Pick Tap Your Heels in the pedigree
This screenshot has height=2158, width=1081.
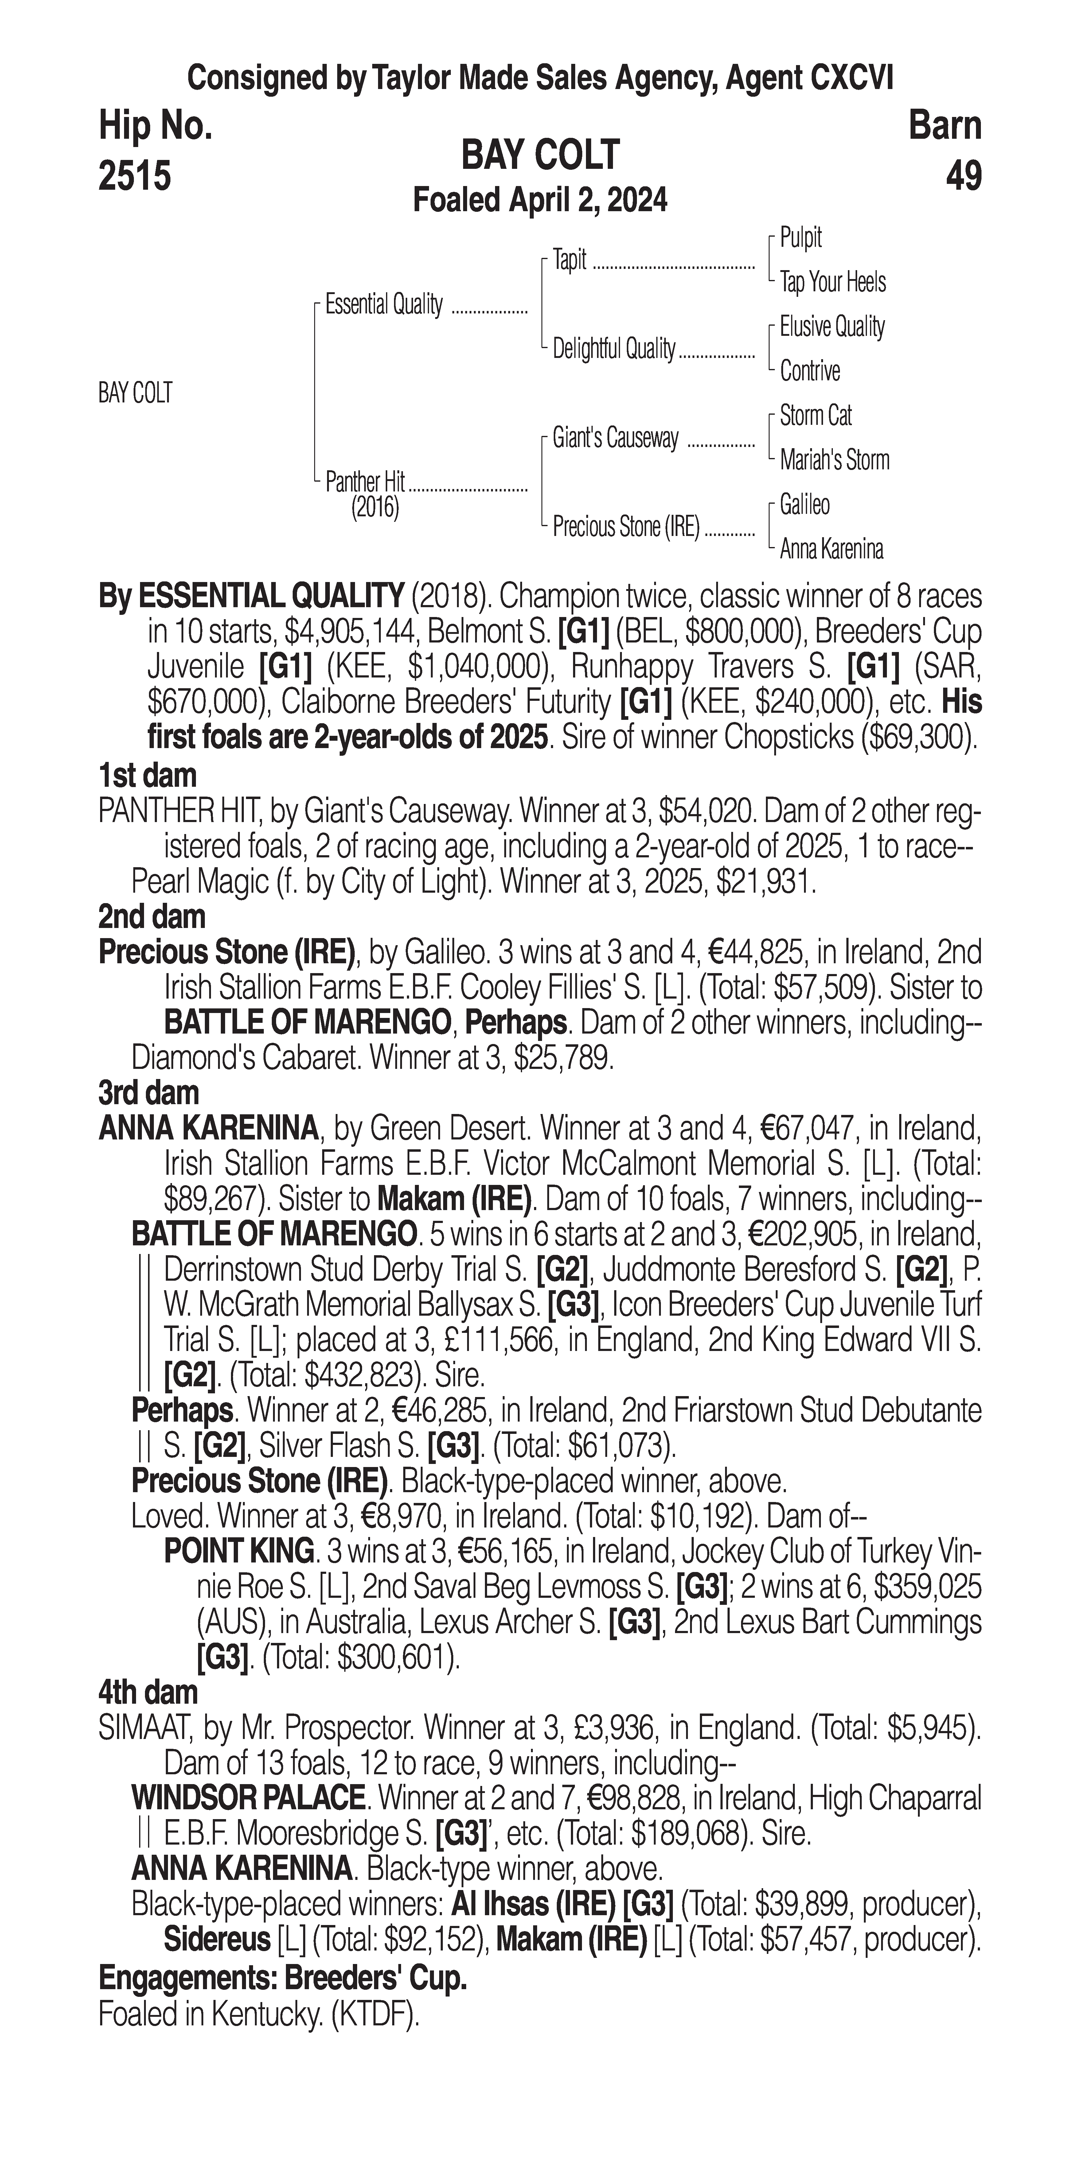pyautogui.click(x=832, y=282)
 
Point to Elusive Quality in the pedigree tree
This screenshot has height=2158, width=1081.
pyautogui.click(x=831, y=327)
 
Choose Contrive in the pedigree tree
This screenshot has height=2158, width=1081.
pyautogui.click(x=810, y=371)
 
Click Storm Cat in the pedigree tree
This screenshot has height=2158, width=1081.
pyautogui.click(x=815, y=416)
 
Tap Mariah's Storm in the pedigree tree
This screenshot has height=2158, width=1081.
pyautogui.click(x=834, y=460)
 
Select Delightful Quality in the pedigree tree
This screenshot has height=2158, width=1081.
pyautogui.click(x=613, y=348)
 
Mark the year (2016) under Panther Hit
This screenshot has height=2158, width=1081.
pyautogui.click(x=375, y=508)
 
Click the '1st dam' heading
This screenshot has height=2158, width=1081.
pyautogui.click(x=147, y=776)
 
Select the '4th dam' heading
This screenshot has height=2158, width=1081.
pyautogui.click(x=147, y=1692)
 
